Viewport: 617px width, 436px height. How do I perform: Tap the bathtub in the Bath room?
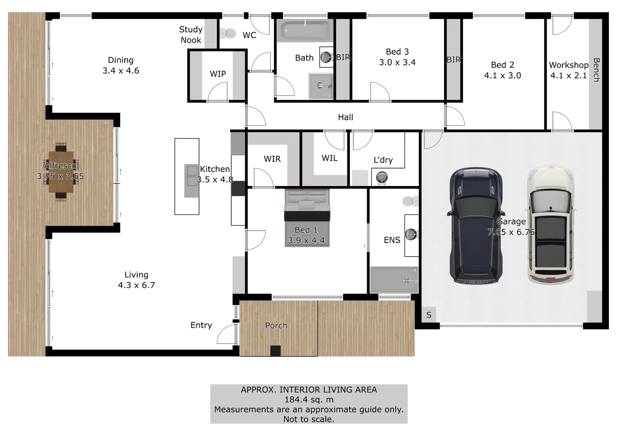pos(306,30)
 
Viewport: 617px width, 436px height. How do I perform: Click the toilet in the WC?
pos(230,33)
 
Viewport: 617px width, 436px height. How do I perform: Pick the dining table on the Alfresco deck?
pos(61,172)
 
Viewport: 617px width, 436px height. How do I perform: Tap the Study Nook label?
pos(191,35)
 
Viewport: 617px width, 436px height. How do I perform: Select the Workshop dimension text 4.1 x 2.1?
pos(568,75)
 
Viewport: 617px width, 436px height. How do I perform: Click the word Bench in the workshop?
pos(596,70)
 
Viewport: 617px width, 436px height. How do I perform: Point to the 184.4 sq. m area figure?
pos(309,400)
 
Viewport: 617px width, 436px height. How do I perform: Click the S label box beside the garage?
pos(428,315)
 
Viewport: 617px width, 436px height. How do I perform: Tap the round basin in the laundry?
pos(382,177)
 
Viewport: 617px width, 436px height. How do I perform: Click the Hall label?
pos(345,117)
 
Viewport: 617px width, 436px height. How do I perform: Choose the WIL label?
pos(329,158)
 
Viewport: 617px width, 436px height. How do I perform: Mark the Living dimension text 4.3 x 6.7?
pos(136,285)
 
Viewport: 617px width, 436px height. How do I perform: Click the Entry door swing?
pos(226,334)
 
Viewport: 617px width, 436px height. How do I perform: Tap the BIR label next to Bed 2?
pos(453,60)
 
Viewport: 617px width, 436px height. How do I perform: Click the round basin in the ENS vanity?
pos(411,234)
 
